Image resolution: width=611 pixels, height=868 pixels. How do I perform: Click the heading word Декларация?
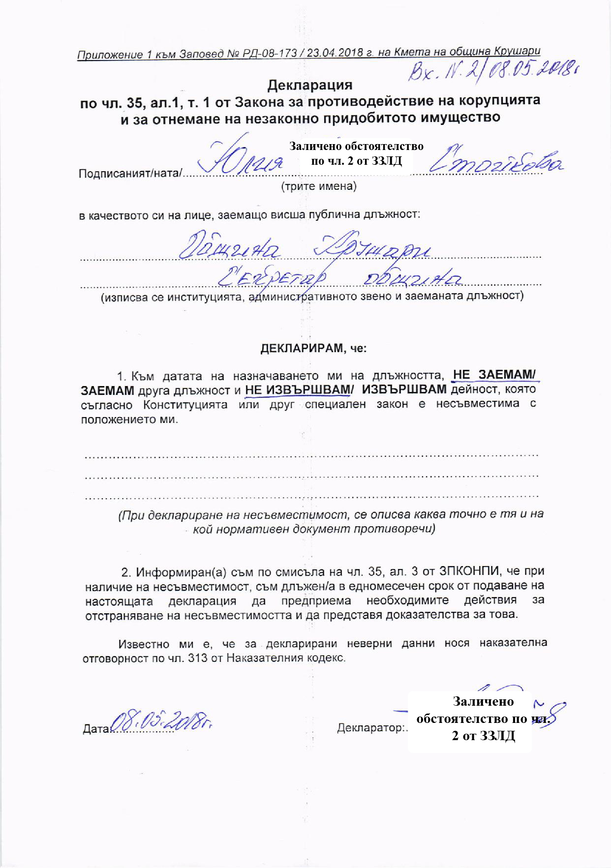pos(310,85)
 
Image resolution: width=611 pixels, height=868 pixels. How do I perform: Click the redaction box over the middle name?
pos(356,153)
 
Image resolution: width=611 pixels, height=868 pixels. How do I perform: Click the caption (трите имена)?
pos(318,186)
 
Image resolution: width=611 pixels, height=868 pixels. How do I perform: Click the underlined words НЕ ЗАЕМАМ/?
pos(494,375)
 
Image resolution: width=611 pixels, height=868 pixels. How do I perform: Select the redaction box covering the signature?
pos(470,721)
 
